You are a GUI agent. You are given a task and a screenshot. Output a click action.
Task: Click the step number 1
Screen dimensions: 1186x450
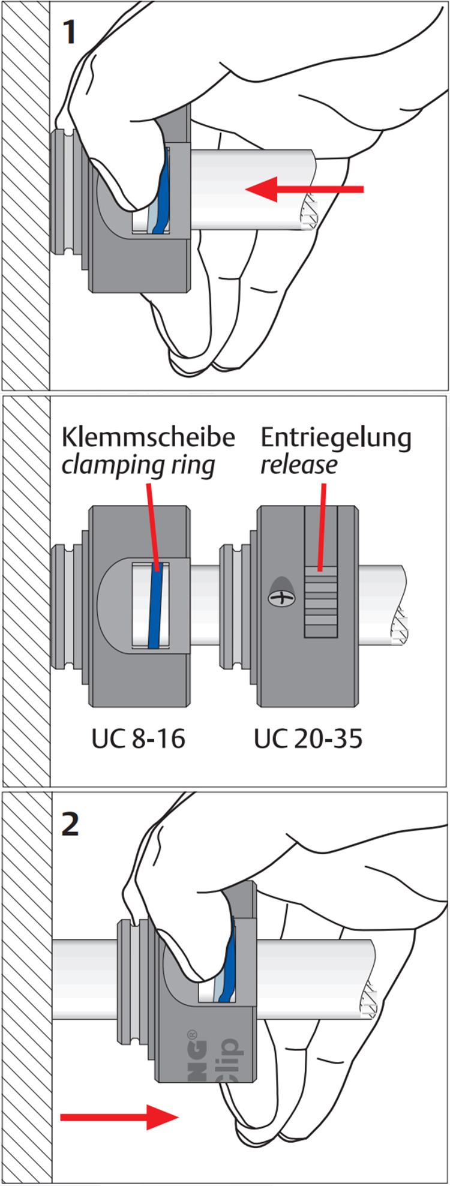pyautogui.click(x=70, y=33)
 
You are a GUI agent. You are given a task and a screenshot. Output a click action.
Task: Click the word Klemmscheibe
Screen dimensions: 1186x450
pyautogui.click(x=148, y=437)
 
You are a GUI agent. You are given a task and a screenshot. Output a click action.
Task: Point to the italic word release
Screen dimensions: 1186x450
pyautogui.click(x=298, y=465)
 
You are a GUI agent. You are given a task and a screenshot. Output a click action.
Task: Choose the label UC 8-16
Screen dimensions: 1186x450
pyautogui.click(x=138, y=738)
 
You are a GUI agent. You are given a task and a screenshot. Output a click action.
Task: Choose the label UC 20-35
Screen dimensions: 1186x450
pyautogui.click(x=308, y=738)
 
